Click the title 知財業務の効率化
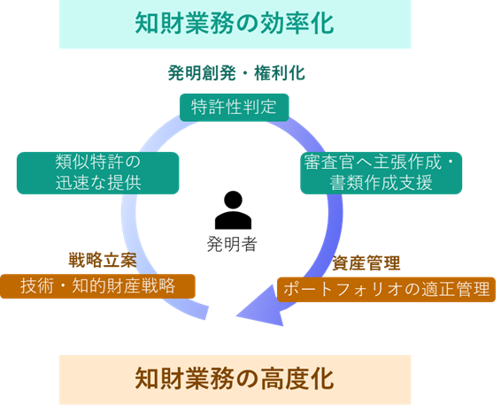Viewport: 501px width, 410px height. (234, 24)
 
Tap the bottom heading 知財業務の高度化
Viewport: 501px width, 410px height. (234, 379)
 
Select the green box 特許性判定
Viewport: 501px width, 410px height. (234, 107)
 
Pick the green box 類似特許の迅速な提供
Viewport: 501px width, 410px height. (97, 172)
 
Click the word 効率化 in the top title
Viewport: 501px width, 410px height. (301, 24)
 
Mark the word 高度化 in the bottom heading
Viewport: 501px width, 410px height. (301, 379)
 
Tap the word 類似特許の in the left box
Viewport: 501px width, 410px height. (97, 162)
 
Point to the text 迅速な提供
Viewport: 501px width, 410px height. (97, 183)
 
